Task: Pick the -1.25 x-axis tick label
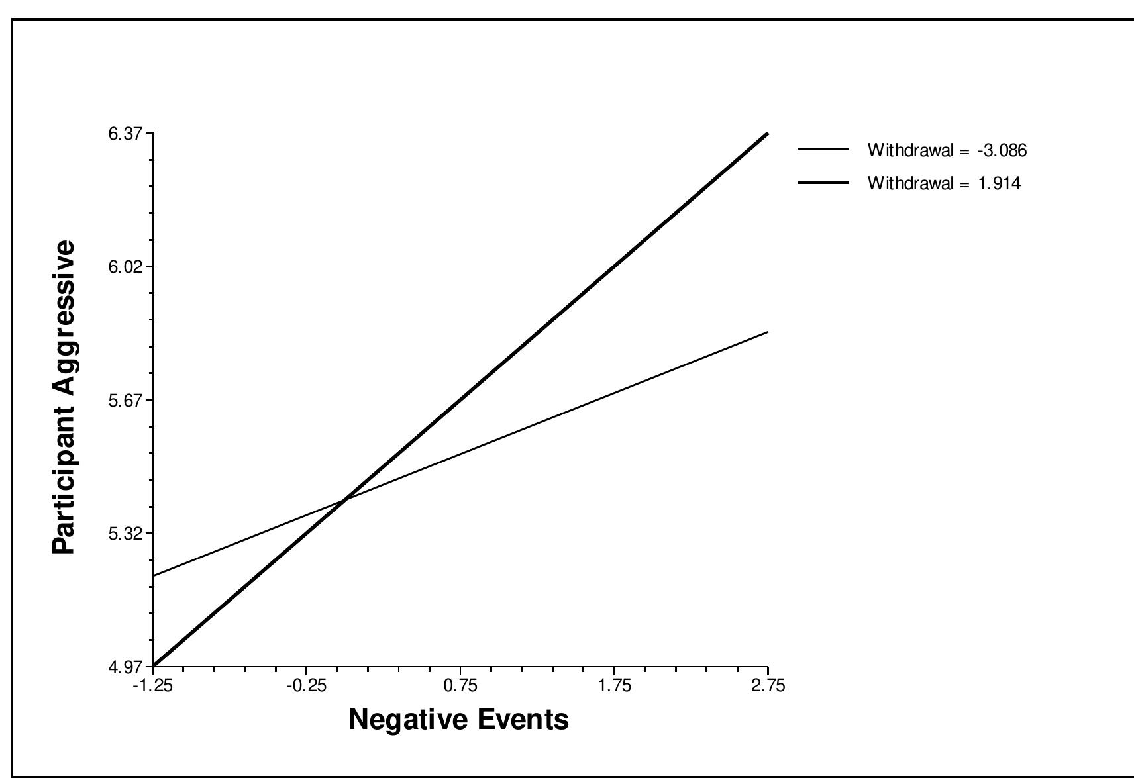[154, 685]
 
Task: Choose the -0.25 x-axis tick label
[307, 685]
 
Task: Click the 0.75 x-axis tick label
[460, 685]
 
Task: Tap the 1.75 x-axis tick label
[614, 685]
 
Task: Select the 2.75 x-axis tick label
[768, 685]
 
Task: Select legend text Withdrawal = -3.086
[947, 150]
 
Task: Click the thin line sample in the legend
[823, 150]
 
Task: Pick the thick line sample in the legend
[823, 183]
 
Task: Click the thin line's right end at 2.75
[767, 332]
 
